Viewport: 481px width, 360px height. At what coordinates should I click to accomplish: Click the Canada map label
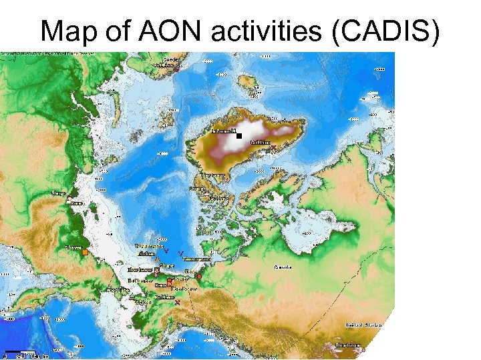point(283,267)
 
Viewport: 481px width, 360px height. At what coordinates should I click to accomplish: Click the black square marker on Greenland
point(238,136)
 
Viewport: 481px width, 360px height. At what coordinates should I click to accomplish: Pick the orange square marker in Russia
point(85,252)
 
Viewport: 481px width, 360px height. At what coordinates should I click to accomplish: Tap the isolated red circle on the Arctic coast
point(200,277)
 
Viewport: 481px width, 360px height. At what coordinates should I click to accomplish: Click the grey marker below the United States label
point(361,347)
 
